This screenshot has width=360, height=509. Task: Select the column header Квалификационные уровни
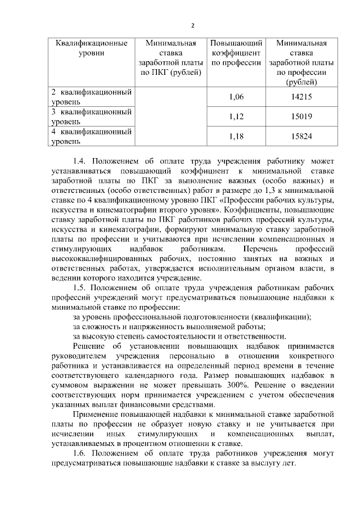point(91,48)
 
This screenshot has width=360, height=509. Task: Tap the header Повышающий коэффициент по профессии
point(236,53)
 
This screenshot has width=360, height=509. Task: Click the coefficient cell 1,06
point(236,97)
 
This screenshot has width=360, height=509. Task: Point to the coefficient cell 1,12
point(236,116)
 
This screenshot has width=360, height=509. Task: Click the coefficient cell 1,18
point(236,136)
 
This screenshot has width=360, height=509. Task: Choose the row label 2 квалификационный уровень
point(91,97)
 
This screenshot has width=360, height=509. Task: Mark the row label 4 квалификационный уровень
point(91,137)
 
